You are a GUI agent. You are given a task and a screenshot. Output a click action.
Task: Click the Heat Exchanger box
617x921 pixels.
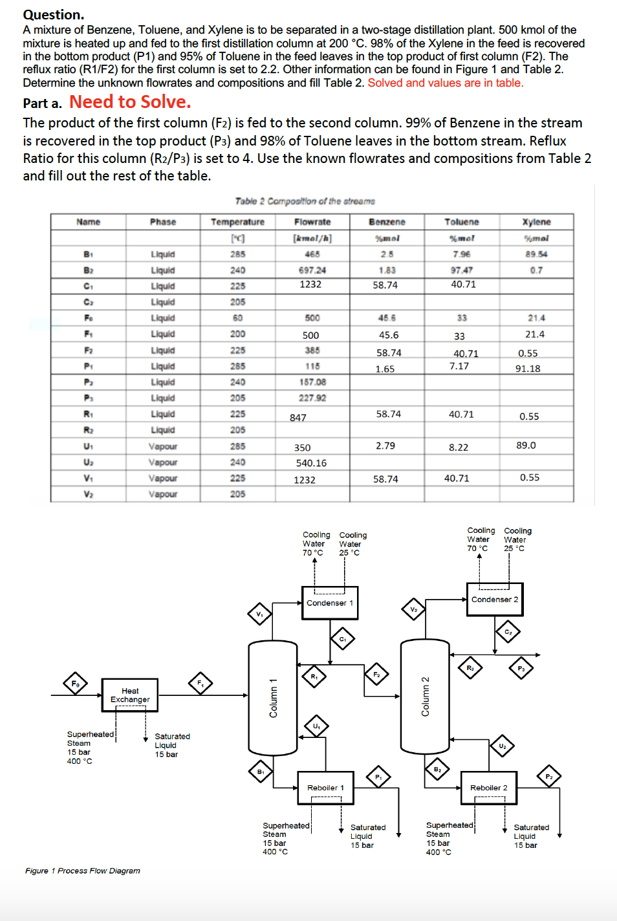(129, 695)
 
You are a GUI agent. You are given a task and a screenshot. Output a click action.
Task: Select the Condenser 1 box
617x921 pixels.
(329, 603)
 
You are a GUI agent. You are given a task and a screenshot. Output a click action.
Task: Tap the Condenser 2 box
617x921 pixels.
(495, 600)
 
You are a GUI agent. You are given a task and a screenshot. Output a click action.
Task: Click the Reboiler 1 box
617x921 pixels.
(325, 788)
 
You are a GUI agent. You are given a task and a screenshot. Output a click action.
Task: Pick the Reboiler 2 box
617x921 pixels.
(488, 788)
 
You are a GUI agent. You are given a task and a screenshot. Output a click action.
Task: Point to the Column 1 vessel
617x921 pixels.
(273, 697)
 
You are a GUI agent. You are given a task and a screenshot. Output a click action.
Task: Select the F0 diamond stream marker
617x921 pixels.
(75, 683)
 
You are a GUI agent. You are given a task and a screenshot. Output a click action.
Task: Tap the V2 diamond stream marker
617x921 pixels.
(413, 609)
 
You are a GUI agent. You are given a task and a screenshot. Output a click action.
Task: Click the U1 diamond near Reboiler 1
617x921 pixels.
(316, 726)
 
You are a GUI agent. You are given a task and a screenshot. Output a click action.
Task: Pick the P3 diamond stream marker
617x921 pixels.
(521, 668)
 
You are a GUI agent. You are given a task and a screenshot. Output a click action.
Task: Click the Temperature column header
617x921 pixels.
(237, 222)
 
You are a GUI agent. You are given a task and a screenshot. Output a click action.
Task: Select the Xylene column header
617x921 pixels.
(536, 222)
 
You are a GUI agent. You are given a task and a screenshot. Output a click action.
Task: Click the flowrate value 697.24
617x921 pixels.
(312, 270)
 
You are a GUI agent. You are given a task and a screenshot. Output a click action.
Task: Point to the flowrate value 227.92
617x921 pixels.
(312, 398)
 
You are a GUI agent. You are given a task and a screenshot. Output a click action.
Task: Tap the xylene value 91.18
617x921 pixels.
(528, 369)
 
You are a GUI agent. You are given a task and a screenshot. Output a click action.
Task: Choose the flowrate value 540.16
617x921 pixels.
(311, 463)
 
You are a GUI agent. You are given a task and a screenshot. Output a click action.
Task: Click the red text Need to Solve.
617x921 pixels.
(130, 102)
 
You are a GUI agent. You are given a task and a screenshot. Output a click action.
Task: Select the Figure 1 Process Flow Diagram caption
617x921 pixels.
(83, 871)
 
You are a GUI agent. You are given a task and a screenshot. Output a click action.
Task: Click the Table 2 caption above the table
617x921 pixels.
(305, 201)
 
